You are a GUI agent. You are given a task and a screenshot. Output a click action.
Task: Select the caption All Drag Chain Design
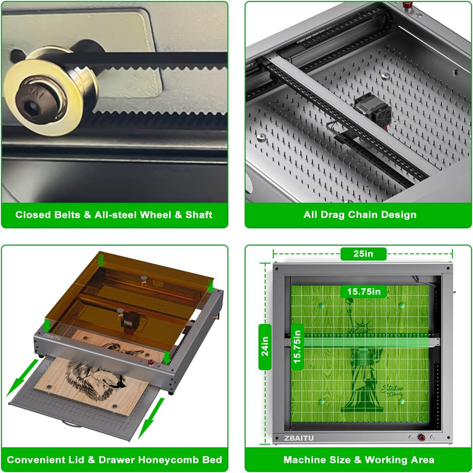click(x=360, y=215)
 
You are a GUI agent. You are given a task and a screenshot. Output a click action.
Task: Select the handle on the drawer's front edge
click(x=71, y=425)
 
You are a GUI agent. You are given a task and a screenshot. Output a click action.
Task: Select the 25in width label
click(x=363, y=254)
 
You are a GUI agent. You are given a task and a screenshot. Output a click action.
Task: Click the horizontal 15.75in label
click(x=363, y=291)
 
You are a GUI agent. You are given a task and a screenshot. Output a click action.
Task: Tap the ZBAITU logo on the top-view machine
click(x=301, y=438)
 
